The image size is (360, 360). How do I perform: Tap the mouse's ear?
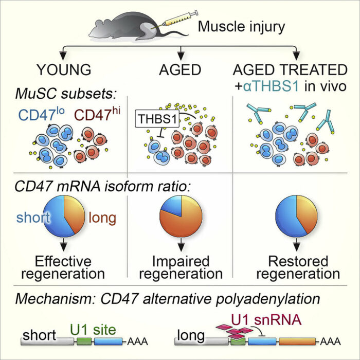pos(99,24)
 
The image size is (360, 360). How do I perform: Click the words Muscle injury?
pos(241,27)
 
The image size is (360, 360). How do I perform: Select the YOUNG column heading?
pos(64,69)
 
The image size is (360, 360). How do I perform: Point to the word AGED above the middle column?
pos(180,69)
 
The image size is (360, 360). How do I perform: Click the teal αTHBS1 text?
pos(271,86)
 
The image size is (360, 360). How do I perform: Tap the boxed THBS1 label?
pos(157,119)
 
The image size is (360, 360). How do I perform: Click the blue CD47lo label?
pos(41,114)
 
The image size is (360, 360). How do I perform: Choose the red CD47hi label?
pos(97,114)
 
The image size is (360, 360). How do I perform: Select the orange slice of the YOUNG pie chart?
pos(75,212)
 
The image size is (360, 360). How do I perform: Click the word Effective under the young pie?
pos(63,261)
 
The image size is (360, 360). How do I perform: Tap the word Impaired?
pos(181,261)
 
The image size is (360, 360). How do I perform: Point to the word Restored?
pos(298,261)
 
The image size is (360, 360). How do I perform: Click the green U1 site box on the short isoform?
pos(84,341)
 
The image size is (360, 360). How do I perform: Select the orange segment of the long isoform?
pos(297,341)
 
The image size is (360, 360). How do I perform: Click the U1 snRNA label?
pos(266,319)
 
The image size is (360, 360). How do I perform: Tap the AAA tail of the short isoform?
pos(137,341)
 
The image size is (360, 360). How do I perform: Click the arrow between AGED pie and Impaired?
pos(181,244)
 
